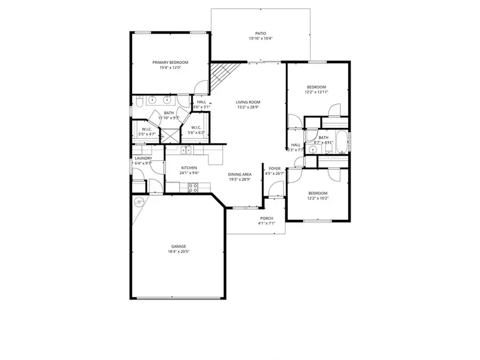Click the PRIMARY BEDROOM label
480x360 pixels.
(x=170, y=62)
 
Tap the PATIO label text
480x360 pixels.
(x=260, y=34)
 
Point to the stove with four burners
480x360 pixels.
(x=193, y=187)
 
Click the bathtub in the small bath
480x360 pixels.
(x=348, y=142)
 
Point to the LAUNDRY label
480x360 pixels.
(x=143, y=158)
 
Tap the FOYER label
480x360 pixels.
(x=274, y=169)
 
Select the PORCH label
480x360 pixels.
(x=267, y=218)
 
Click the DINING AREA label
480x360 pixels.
(x=240, y=174)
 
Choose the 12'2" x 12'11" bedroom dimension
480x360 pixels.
(x=316, y=92)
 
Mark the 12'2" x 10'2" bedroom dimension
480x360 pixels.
(x=317, y=198)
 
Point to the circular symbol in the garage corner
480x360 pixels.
(x=140, y=202)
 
